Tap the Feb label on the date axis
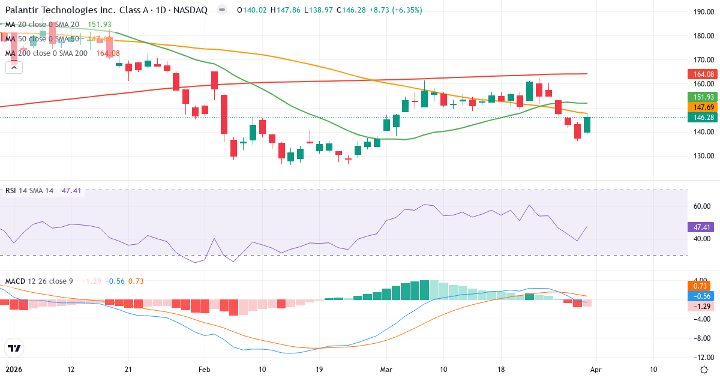205,369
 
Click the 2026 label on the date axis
14,369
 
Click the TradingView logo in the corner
14,348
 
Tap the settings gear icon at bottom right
705,369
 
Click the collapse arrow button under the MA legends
14,68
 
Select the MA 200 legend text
47,53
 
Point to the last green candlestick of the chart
587,124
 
